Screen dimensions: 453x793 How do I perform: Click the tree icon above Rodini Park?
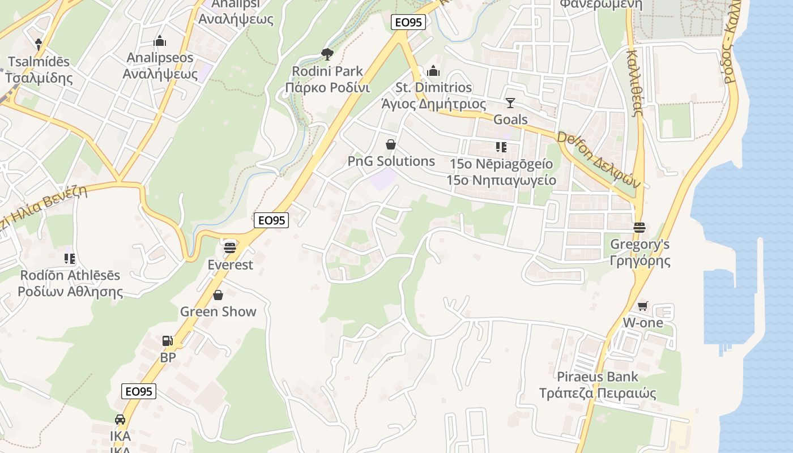tap(327, 54)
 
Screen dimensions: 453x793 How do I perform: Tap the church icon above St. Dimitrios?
tap(433, 71)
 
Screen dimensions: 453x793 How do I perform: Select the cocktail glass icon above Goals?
tap(510, 102)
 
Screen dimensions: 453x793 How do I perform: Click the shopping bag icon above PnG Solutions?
tap(390, 144)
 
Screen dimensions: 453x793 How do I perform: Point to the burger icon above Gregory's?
tap(639, 228)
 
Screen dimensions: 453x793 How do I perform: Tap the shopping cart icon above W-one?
tap(642, 306)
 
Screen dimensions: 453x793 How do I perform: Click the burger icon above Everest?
tap(229, 247)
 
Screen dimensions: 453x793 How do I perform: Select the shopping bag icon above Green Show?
tap(218, 295)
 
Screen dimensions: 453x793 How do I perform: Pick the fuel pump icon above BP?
tap(168, 340)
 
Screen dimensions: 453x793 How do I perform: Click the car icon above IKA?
tap(120, 420)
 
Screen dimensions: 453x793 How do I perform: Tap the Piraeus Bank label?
tap(598, 377)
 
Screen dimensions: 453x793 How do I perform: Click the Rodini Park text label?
tap(327, 71)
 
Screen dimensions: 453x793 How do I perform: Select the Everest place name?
tap(230, 264)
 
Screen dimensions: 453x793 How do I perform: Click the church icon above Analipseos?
tap(160, 41)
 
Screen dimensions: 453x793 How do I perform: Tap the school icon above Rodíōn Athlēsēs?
tap(70, 259)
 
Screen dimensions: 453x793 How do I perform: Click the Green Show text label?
tap(218, 311)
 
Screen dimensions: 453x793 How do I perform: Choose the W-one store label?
tap(643, 323)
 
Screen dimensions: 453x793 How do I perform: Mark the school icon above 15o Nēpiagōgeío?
tap(501, 147)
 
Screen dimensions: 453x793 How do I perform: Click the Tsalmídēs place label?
tap(39, 61)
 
